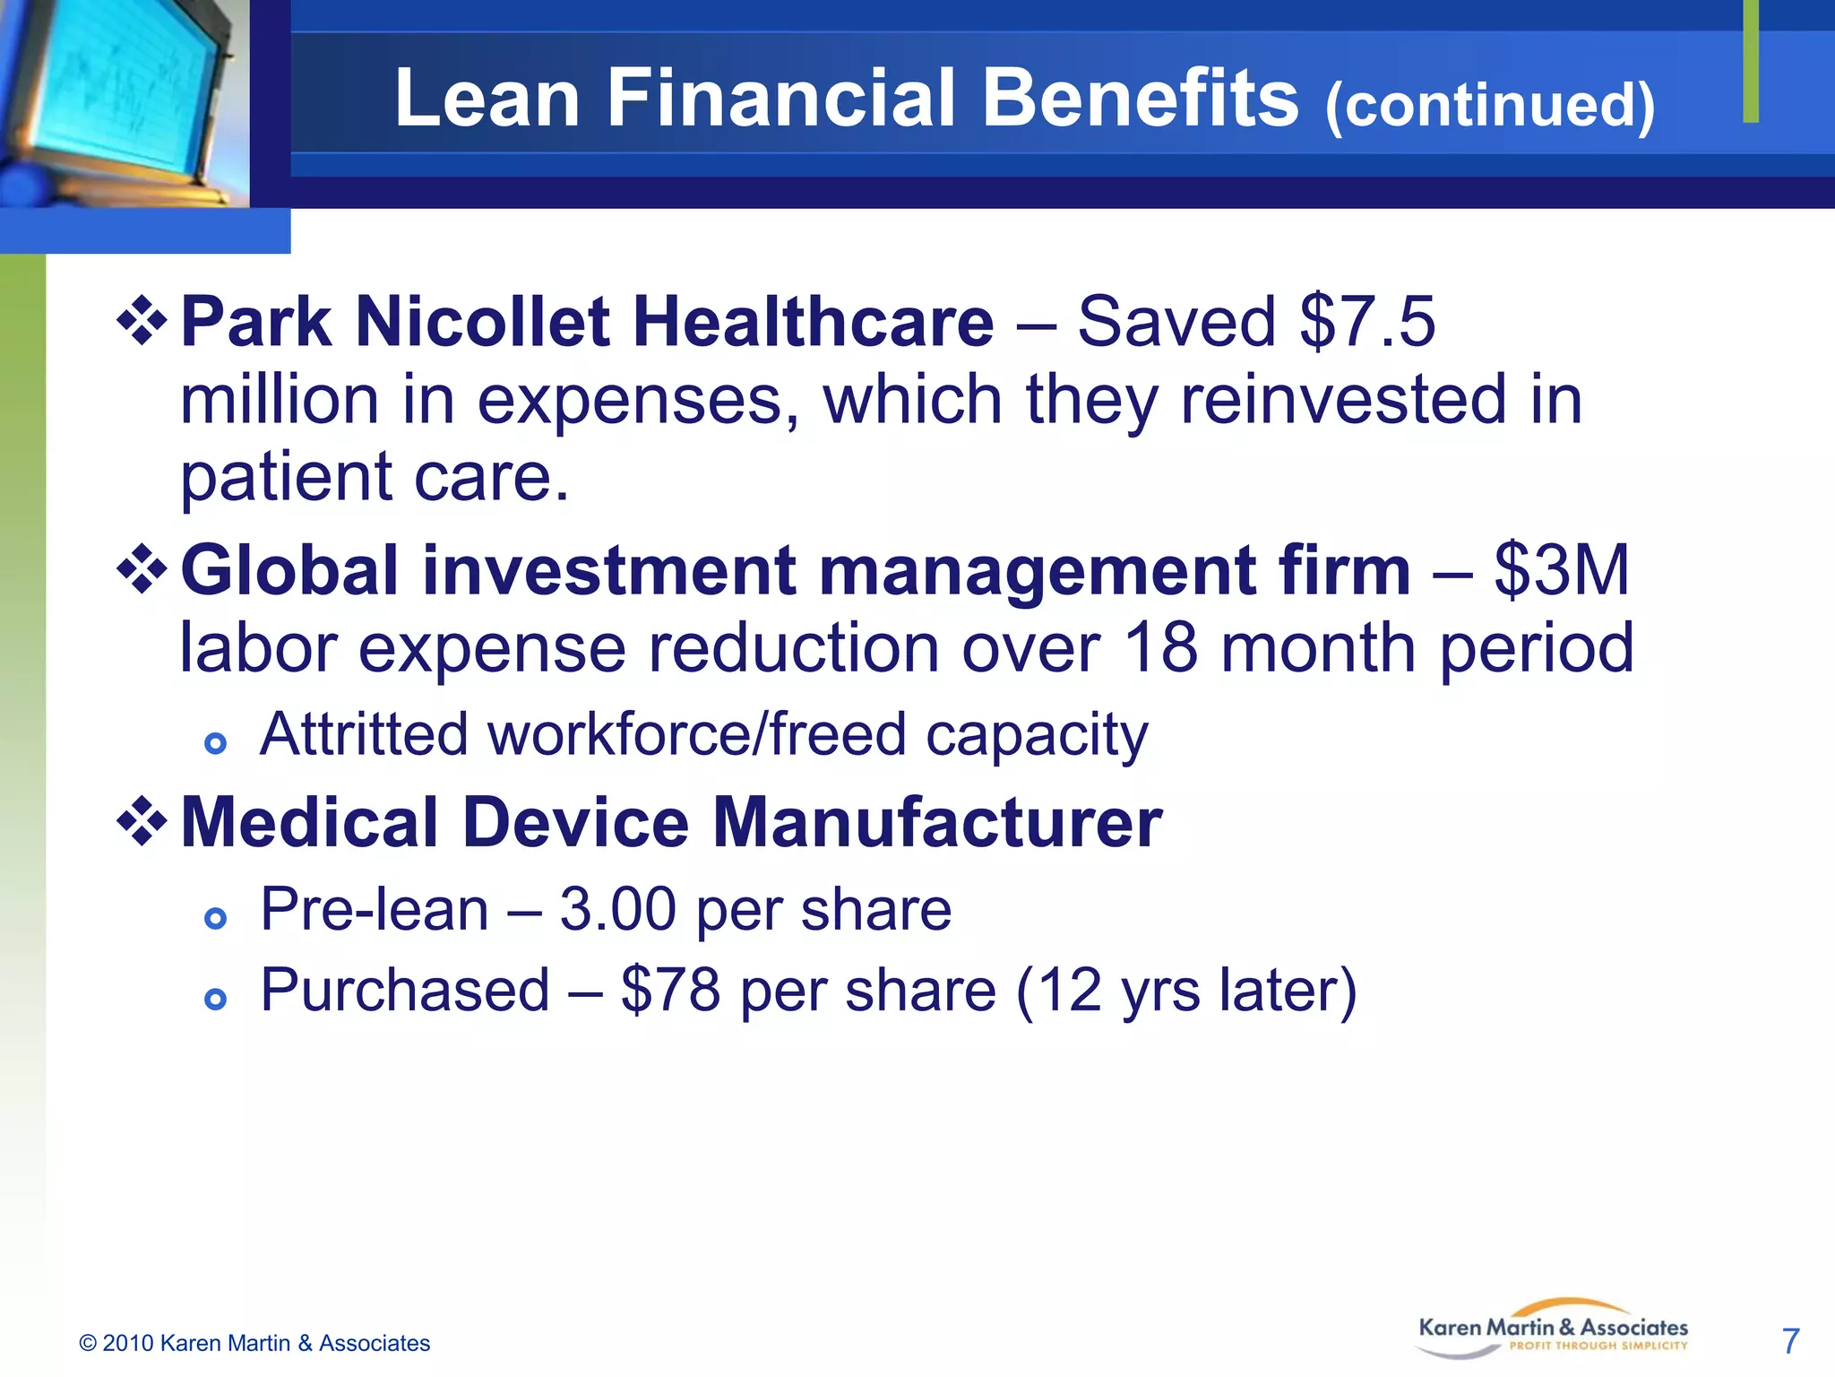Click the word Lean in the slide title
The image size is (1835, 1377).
pyautogui.click(x=487, y=99)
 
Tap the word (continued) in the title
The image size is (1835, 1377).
pyautogui.click(x=1489, y=106)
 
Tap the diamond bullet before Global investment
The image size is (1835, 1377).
pyautogui.click(x=142, y=569)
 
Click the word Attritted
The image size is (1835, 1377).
pyautogui.click(x=364, y=734)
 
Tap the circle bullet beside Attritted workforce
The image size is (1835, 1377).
pyautogui.click(x=215, y=743)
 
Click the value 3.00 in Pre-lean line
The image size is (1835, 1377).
pyautogui.click(x=617, y=909)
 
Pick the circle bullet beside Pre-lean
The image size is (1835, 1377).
pyautogui.click(x=215, y=918)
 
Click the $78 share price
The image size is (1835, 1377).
pyautogui.click(x=670, y=991)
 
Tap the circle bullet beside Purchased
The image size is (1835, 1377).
pyautogui.click(x=215, y=999)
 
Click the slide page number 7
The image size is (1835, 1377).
pyautogui.click(x=1790, y=1341)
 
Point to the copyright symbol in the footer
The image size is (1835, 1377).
pyautogui.click(x=88, y=1343)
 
